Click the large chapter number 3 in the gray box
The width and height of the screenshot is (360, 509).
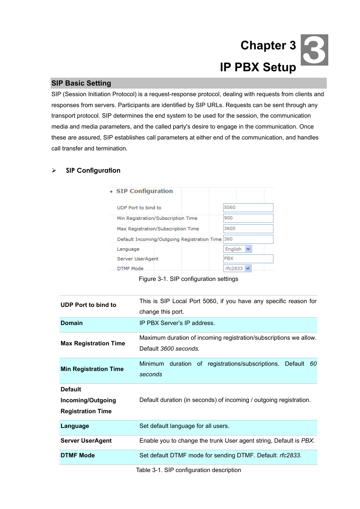tap(314, 50)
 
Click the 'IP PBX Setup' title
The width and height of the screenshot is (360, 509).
tap(258, 67)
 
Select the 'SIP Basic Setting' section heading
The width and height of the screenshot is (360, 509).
tap(81, 83)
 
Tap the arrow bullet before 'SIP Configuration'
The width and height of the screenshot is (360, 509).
tap(54, 171)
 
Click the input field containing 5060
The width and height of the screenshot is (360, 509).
tap(248, 208)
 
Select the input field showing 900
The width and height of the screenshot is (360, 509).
tap(248, 218)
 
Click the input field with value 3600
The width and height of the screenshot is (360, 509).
tap(248, 229)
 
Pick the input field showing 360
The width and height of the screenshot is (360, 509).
tap(248, 239)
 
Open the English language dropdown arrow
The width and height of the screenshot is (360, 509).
tap(248, 249)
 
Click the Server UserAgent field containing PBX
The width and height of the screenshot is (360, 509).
tap(248, 259)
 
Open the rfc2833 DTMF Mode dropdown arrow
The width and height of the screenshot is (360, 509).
tap(248, 268)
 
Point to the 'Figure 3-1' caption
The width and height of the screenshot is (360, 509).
tap(188, 279)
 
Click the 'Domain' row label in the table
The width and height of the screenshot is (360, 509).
tap(72, 323)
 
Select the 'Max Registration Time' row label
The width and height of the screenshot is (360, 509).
tap(93, 343)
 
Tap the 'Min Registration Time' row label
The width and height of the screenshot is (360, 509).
tap(92, 369)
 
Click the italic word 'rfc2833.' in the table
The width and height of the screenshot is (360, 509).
tap(290, 455)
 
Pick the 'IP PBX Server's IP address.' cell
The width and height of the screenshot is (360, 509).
tap(177, 323)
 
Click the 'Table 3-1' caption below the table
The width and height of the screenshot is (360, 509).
tap(188, 470)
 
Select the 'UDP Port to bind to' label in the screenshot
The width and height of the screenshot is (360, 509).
tap(139, 208)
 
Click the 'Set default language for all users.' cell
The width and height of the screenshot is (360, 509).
tap(184, 426)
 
